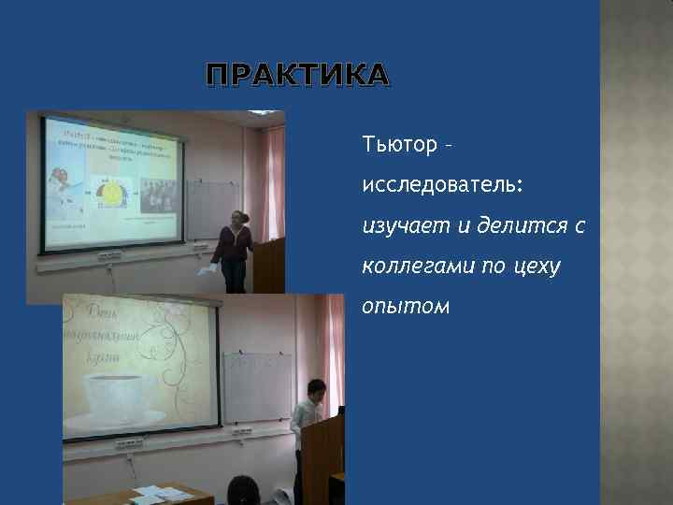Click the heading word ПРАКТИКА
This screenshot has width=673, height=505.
point(294,76)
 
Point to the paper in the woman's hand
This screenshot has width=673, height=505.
point(206,270)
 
